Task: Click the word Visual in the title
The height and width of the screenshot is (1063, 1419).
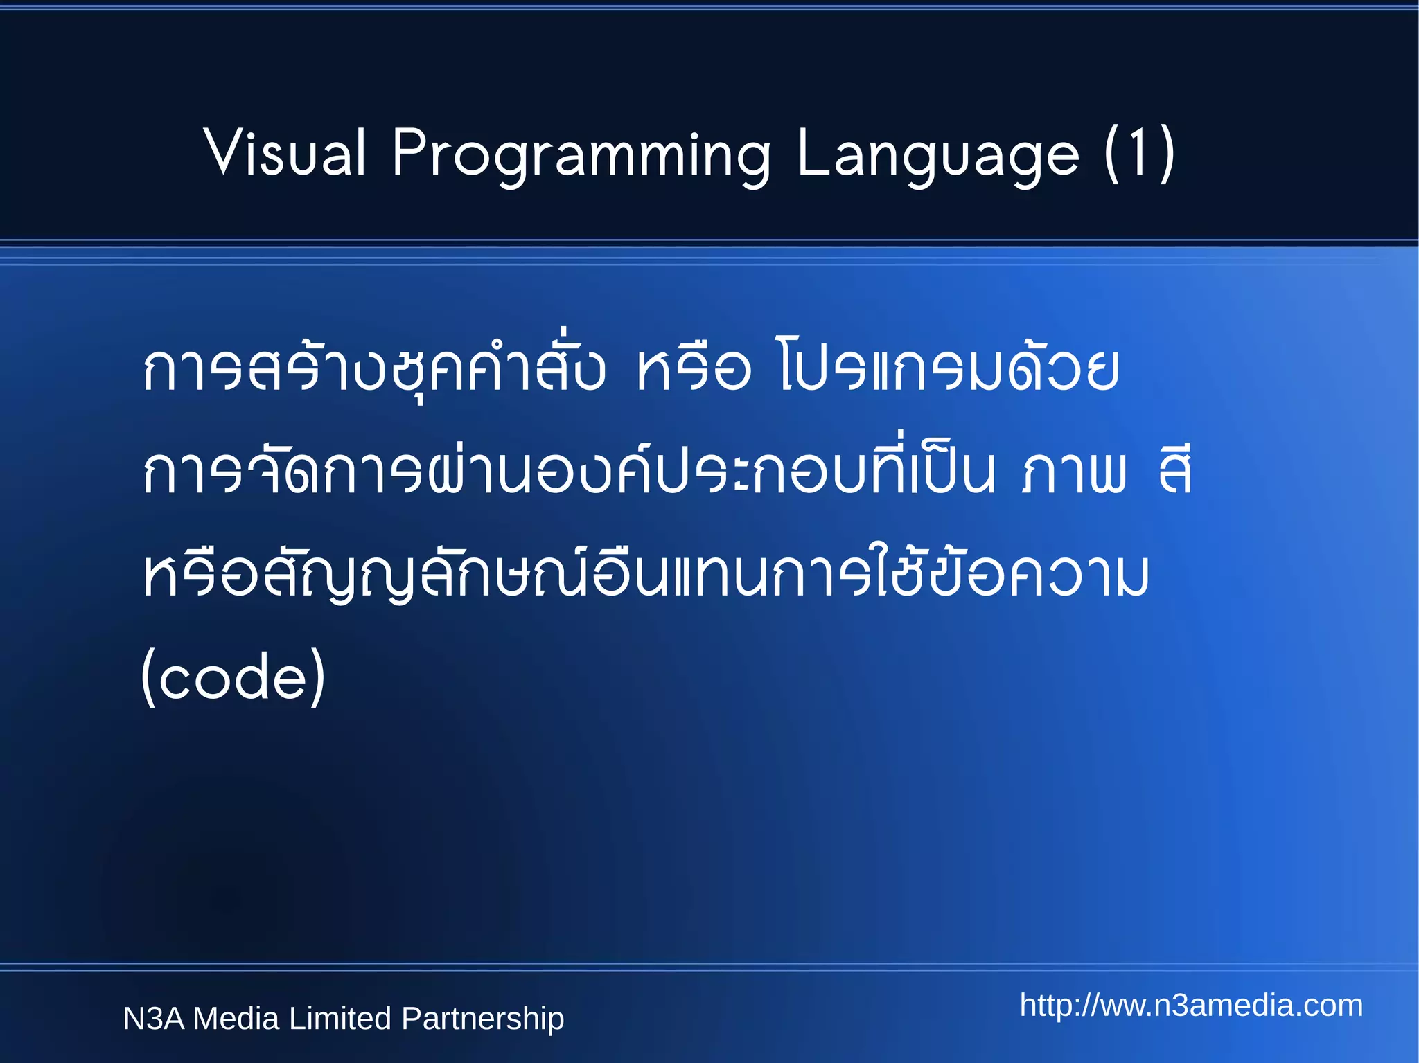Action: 285,153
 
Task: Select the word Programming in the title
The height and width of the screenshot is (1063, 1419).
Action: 581,154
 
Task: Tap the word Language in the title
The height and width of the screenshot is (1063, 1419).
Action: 937,154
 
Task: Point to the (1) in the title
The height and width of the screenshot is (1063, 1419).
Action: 1139,154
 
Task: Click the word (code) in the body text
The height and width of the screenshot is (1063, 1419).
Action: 233,677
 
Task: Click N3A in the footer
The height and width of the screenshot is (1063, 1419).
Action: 153,1019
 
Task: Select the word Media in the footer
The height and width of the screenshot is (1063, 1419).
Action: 236,1019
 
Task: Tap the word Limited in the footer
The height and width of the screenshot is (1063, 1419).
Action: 340,1019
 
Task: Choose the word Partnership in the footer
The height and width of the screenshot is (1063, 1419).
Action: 483,1019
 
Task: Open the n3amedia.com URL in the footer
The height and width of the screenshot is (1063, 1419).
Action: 1191,1006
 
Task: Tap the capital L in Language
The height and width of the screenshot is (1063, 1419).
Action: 813,153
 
